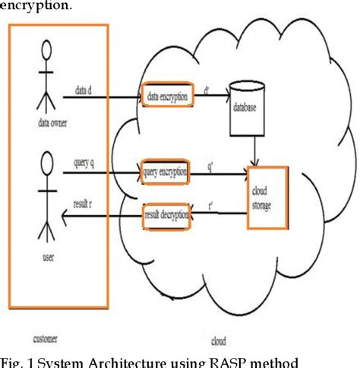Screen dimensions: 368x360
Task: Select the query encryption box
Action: [x=164, y=173]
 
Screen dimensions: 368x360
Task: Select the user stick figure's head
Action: [x=47, y=162]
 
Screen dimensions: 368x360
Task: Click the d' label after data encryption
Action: [x=207, y=89]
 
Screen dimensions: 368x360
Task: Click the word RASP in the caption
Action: [x=226, y=360]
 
